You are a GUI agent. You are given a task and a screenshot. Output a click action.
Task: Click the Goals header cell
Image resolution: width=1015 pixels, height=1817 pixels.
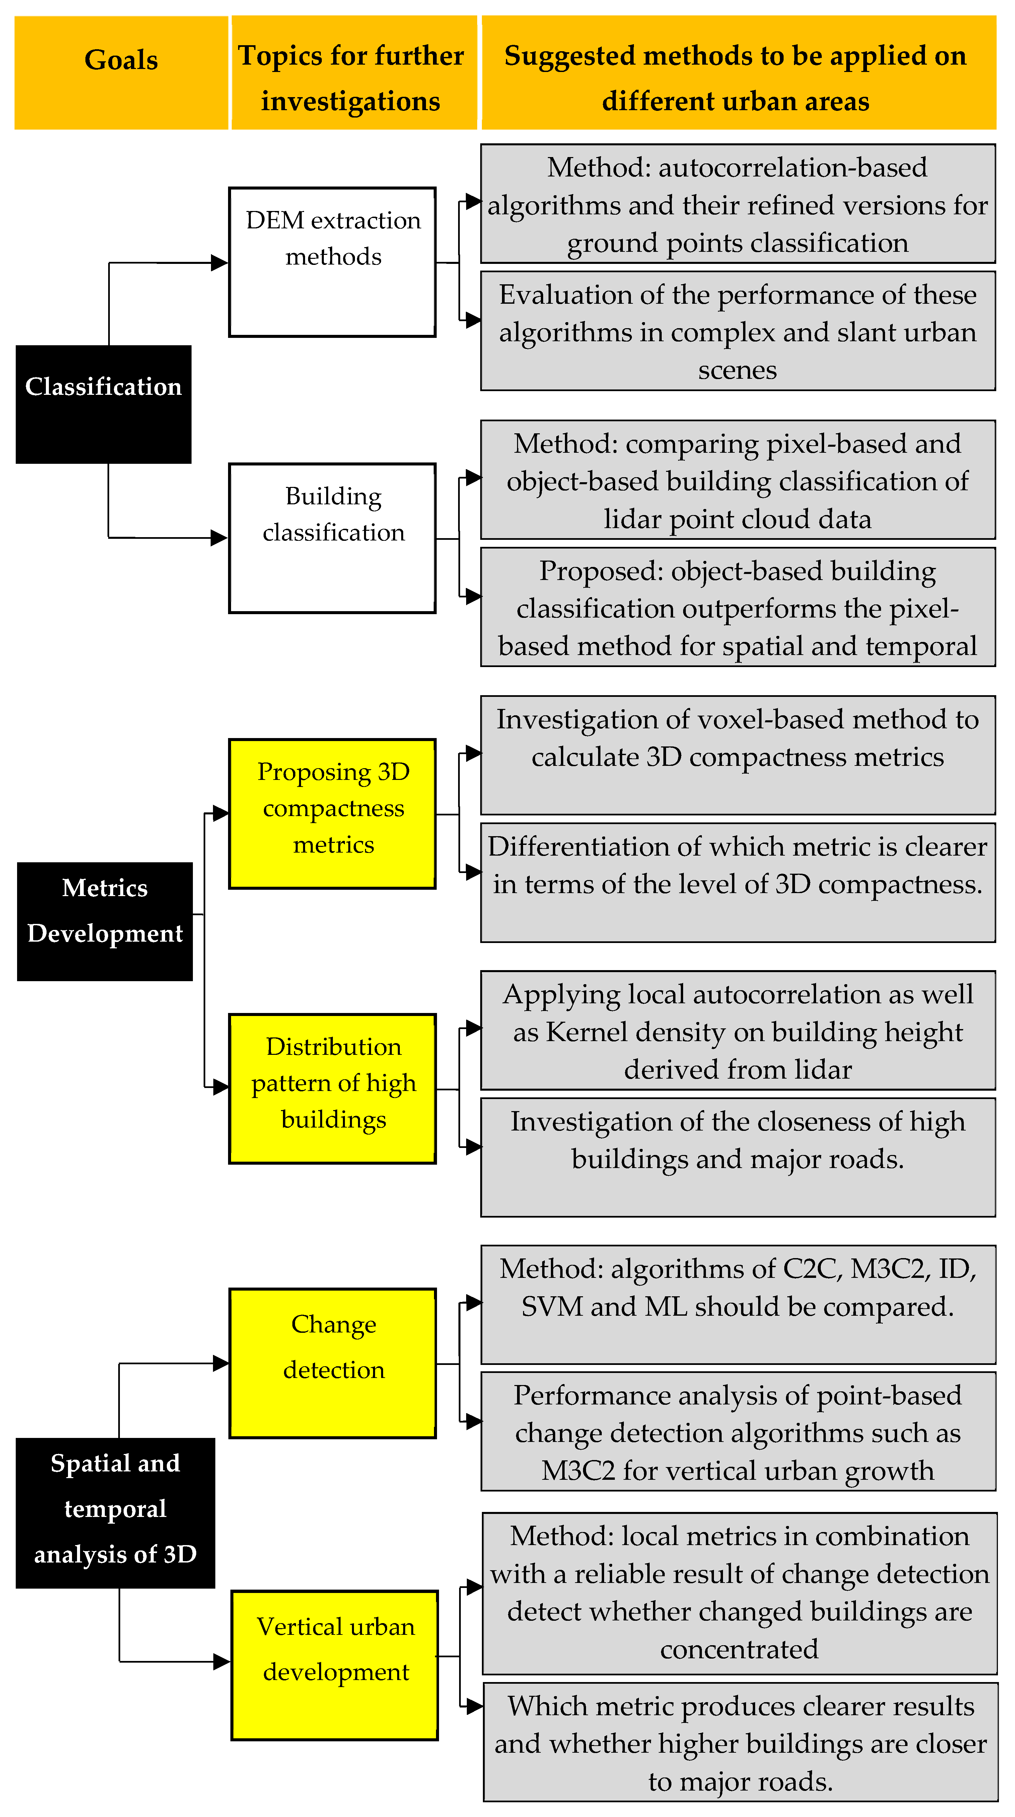pyautogui.click(x=121, y=73)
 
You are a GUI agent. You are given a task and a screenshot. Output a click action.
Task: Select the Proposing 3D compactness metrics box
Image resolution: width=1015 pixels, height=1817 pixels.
pyautogui.click(x=332, y=813)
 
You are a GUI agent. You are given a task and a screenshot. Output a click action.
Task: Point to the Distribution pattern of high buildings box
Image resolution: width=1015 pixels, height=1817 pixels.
pyautogui.click(x=332, y=1088)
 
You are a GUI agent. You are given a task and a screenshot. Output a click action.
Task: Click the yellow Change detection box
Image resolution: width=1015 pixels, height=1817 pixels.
pyautogui.click(x=332, y=1363)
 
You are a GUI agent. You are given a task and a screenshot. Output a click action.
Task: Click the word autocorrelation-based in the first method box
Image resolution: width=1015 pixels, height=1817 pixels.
pyautogui.click(x=793, y=168)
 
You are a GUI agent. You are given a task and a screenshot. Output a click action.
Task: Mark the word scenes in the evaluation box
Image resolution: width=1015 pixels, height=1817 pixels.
pyautogui.click(x=737, y=370)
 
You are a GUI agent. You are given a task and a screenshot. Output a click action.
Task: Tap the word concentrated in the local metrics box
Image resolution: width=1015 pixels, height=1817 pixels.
pyautogui.click(x=739, y=1649)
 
